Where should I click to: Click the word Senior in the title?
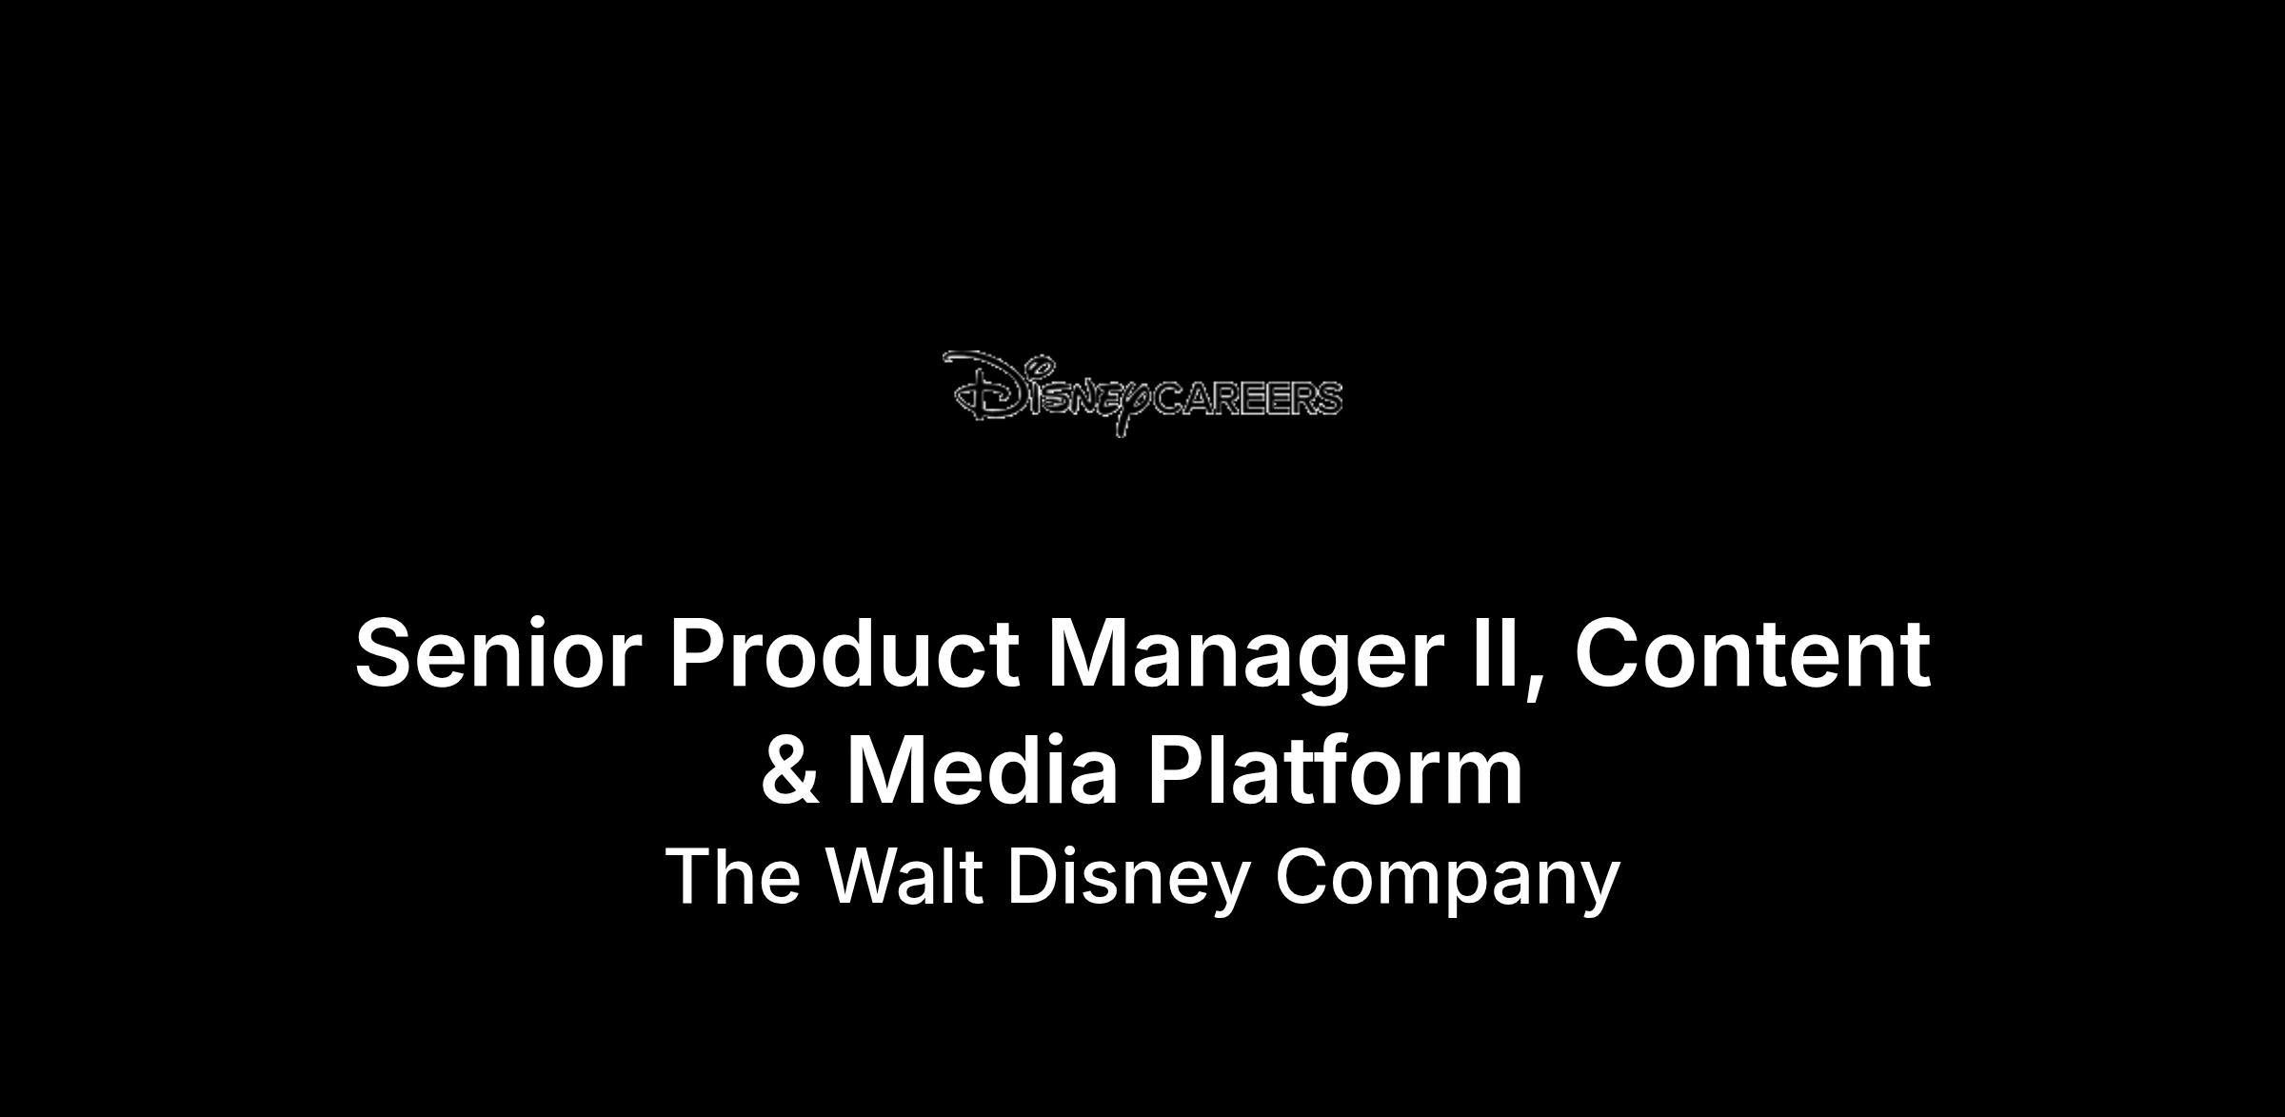tap(494, 653)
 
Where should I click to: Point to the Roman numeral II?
tap(1498, 653)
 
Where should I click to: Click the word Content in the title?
tap(1752, 653)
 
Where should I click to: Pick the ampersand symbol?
tap(790, 769)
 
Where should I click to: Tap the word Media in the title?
tap(982, 769)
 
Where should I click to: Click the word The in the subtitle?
tap(732, 876)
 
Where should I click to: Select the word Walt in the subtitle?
tap(904, 876)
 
